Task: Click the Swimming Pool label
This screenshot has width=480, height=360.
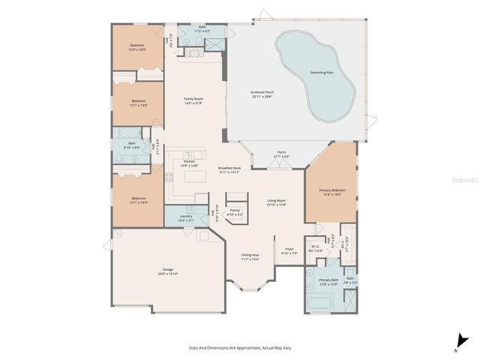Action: click(322, 72)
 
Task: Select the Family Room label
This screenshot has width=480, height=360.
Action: click(194, 101)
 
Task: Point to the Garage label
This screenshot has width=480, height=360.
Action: click(168, 271)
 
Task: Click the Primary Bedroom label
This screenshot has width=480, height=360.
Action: click(330, 193)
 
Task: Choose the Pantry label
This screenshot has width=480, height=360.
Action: click(235, 212)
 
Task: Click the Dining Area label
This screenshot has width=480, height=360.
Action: click(250, 256)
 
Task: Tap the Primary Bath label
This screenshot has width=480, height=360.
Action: click(328, 281)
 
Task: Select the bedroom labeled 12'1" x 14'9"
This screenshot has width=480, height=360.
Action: click(138, 200)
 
